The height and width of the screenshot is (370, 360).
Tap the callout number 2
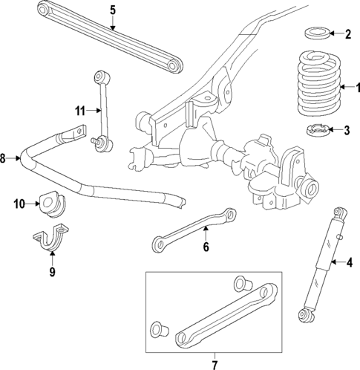click(347, 33)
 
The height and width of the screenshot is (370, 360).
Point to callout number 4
click(348, 262)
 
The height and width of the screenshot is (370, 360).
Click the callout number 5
click(112, 10)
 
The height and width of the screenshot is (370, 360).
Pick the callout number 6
click(206, 247)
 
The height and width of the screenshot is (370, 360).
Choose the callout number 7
click(214, 364)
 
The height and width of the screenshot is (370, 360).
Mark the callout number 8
click(4, 158)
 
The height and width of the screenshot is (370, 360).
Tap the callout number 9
click(51, 272)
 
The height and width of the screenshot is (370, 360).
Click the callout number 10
click(19, 202)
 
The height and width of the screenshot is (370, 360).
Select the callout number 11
click(79, 111)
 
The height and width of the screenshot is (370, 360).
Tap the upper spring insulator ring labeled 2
click(318, 33)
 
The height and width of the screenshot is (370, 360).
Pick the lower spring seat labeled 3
click(319, 132)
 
